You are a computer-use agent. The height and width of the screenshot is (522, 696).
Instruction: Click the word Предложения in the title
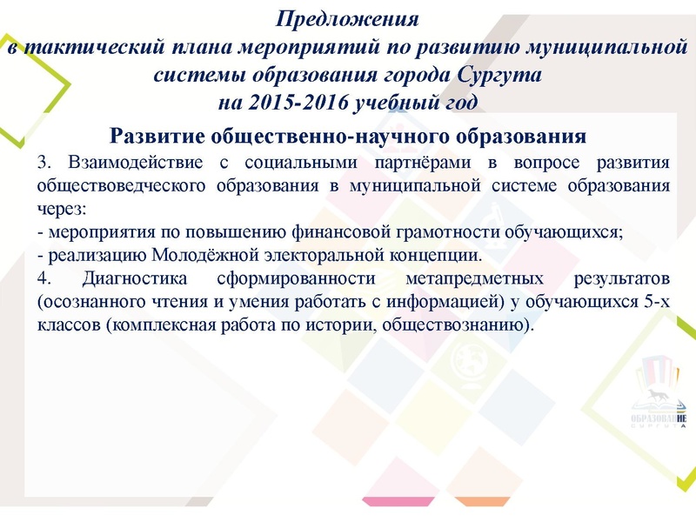pyautogui.click(x=348, y=18)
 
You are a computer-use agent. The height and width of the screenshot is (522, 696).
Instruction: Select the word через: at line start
pyautogui.click(x=61, y=209)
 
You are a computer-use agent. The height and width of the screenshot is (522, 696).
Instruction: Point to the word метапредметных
pyautogui.click(x=474, y=279)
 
